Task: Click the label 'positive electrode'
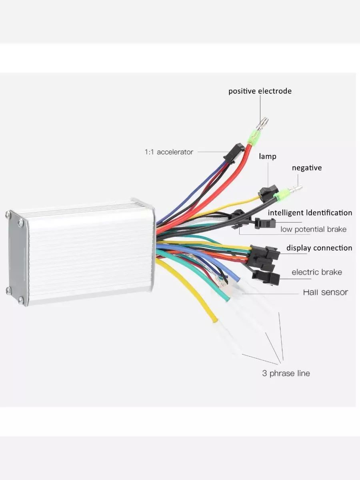260,91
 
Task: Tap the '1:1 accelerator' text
168,152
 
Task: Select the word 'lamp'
267,156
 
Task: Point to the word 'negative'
306,168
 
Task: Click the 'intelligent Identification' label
310,213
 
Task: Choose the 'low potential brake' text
313,229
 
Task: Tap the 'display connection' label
319,248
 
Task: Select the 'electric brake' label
316,272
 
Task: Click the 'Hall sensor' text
325,292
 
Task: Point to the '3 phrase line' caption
286,374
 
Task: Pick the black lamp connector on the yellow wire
266,192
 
